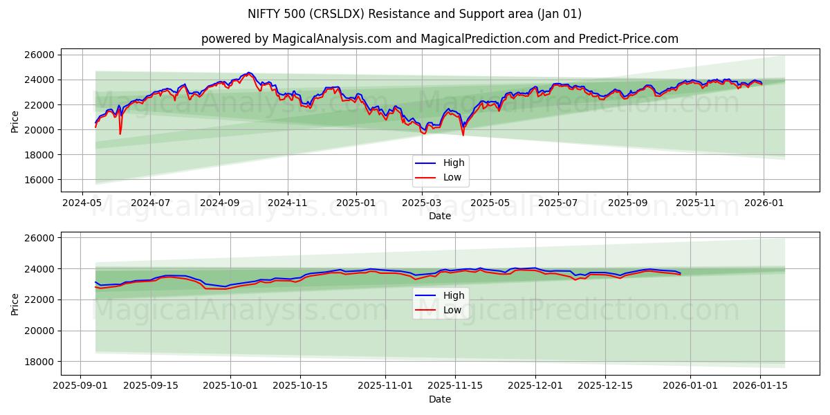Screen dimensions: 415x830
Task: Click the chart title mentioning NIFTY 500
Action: coord(414,14)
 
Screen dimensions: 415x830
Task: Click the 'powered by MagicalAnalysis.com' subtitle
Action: coord(439,39)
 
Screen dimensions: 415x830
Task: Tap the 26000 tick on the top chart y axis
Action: coord(40,55)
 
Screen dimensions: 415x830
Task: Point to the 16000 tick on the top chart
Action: coord(40,180)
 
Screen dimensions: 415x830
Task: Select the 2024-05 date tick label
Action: coord(82,204)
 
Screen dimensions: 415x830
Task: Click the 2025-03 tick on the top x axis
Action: coord(421,204)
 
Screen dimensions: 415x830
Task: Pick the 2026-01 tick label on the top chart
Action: coord(763,204)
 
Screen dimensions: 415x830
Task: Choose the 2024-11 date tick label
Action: coord(287,204)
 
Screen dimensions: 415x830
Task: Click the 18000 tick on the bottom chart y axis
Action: coord(40,362)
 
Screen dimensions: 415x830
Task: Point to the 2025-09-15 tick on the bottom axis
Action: coord(150,387)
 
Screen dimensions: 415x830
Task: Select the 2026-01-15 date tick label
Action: coord(760,387)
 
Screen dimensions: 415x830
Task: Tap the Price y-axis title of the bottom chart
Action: coord(15,303)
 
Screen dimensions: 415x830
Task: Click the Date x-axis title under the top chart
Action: coord(439,216)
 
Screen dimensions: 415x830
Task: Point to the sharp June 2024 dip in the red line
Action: coord(120,133)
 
